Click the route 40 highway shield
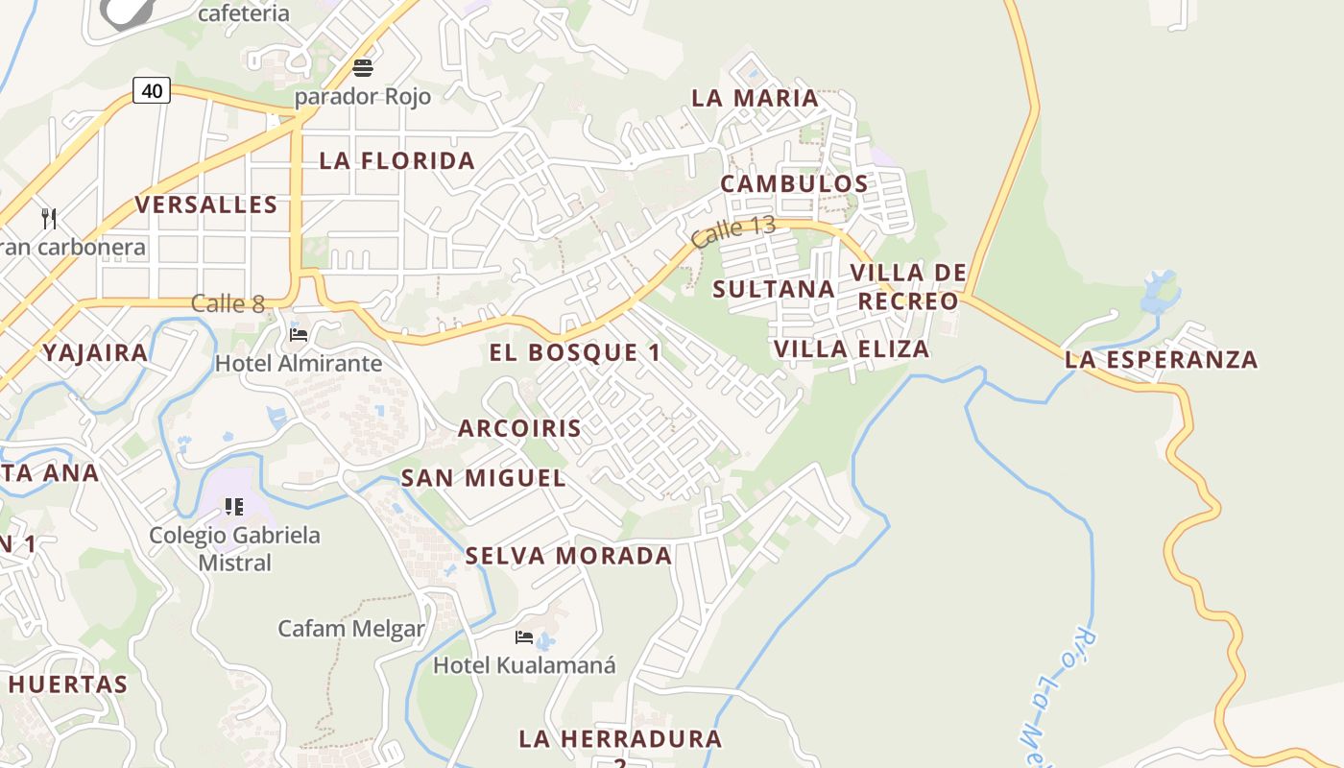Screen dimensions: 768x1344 tap(152, 91)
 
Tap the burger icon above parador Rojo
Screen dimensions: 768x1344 tap(363, 68)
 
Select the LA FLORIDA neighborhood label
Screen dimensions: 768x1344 tap(397, 160)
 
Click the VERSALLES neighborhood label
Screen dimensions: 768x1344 tap(206, 204)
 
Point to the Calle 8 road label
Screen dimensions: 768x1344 tap(228, 304)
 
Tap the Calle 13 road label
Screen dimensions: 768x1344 tap(733, 231)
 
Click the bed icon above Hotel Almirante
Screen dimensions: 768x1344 tap(299, 335)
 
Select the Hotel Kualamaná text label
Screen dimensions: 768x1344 tap(524, 664)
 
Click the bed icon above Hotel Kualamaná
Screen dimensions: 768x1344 tap(524, 636)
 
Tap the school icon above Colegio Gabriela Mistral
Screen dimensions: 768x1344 tap(234, 506)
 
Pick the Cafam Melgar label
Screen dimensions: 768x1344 tap(351, 629)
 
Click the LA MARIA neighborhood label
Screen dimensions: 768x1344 tap(756, 98)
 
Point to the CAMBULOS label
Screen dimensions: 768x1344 tap(794, 183)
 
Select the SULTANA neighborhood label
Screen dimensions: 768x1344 tap(774, 289)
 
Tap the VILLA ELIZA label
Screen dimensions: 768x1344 tap(852, 348)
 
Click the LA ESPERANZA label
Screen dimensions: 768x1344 tap(1161, 360)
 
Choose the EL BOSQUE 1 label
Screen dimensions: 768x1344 tap(575, 352)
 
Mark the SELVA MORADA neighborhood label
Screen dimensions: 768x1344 tap(568, 556)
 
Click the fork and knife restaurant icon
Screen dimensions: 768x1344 tap(50, 219)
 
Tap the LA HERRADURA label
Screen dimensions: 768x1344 tap(620, 738)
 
